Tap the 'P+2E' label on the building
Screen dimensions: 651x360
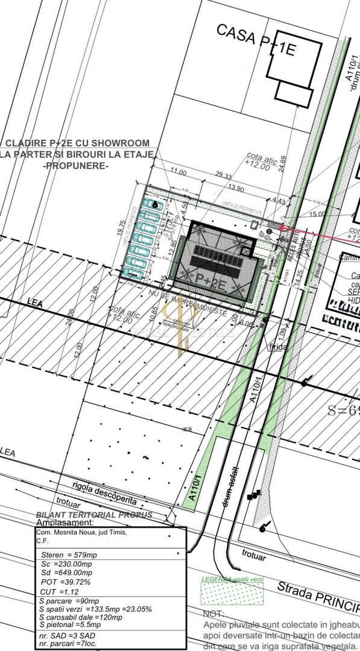[x=212, y=277]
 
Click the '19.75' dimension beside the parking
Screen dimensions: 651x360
[x=122, y=231]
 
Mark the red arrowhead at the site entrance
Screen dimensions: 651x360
[x=285, y=228]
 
